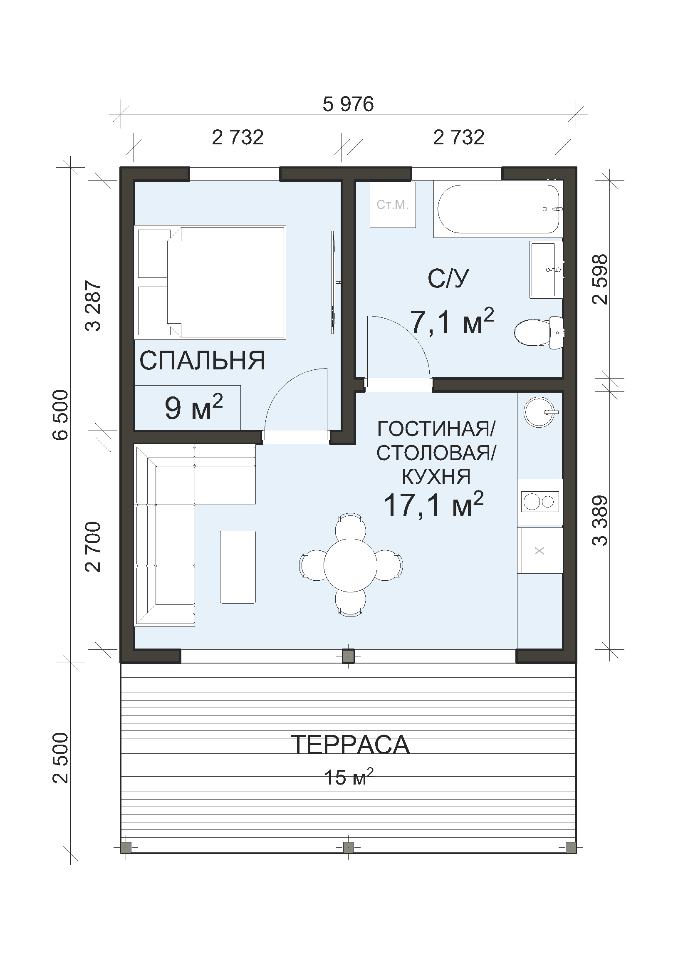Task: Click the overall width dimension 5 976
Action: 348,104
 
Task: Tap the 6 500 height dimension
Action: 61,415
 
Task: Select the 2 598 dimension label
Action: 600,279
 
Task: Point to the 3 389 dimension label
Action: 600,521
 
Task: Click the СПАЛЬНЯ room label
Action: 203,361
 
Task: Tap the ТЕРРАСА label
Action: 350,745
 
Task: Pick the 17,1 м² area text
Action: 433,505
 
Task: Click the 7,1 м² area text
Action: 452,322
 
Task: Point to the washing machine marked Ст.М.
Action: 393,205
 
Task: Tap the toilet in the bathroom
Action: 538,332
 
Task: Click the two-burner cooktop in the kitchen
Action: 540,502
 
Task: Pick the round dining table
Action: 350,565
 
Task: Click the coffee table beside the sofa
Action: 238,567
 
